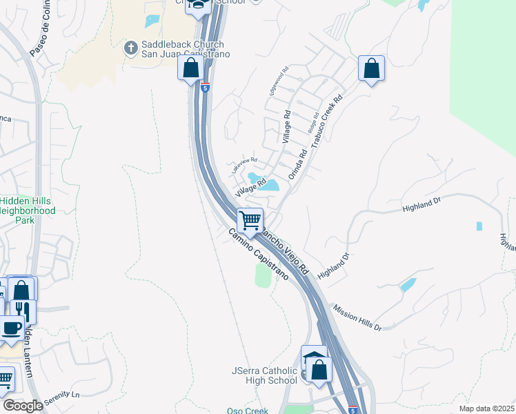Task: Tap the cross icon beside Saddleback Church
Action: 130,48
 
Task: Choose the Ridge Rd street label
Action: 314,124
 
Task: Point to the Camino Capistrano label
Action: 259,255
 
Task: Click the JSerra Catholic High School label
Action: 265,376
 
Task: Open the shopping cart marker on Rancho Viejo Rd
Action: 250,221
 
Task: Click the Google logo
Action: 22,406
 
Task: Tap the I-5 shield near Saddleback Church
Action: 205,88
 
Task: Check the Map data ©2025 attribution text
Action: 486,408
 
